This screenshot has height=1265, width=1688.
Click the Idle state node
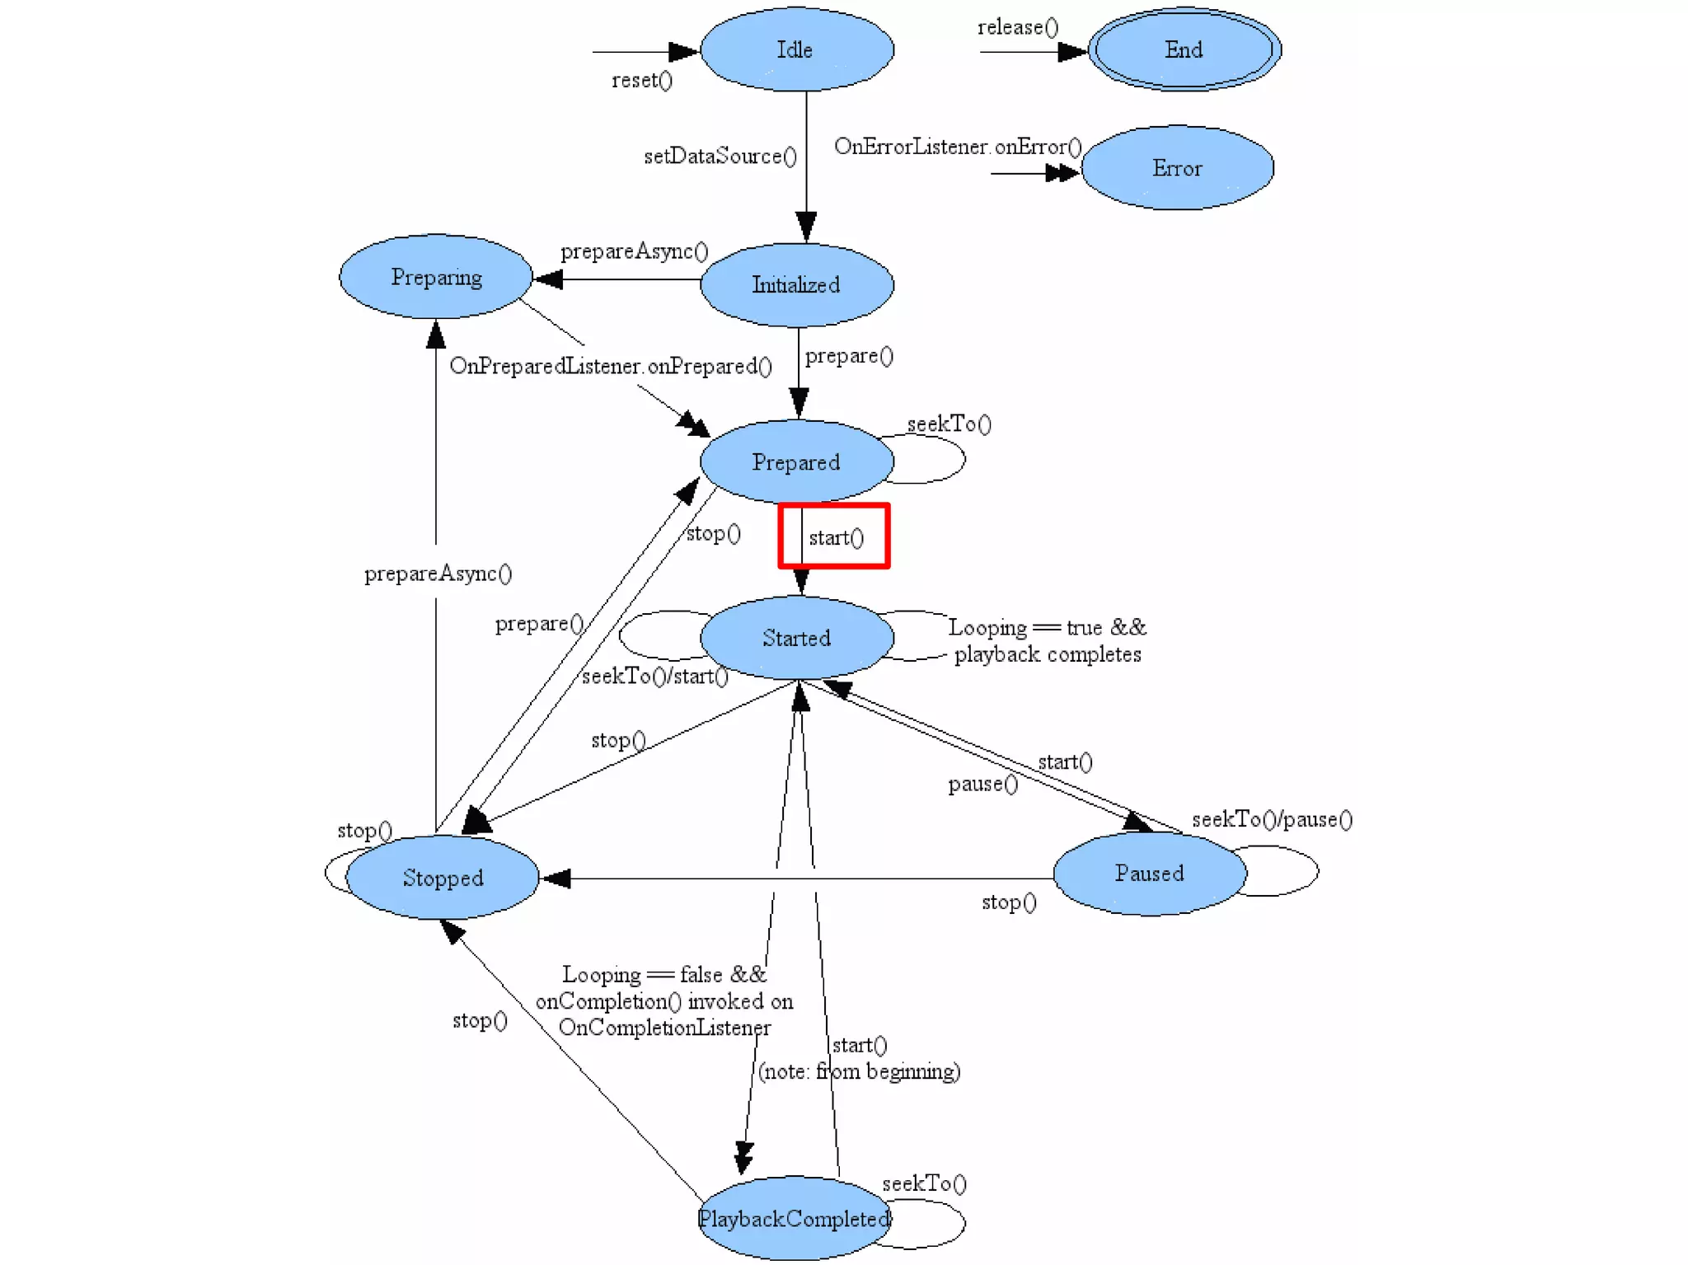click(x=796, y=49)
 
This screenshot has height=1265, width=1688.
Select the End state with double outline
click(x=1184, y=49)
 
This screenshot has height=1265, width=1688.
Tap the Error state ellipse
click(x=1177, y=168)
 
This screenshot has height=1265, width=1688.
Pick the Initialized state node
click(x=796, y=284)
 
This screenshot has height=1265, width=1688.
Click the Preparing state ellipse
click(x=436, y=277)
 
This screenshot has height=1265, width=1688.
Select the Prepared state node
click(x=796, y=461)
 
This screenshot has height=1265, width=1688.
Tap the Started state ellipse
click(x=796, y=638)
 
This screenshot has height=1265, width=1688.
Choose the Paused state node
click(x=1150, y=873)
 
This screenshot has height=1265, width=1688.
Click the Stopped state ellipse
click(x=443, y=878)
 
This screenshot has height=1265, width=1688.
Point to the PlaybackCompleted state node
click(x=794, y=1218)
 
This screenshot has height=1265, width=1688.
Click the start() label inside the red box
click(x=836, y=538)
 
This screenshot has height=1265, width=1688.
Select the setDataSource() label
click(x=720, y=156)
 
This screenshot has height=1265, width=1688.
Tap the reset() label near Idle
click(x=641, y=80)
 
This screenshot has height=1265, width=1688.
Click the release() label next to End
click(x=1017, y=27)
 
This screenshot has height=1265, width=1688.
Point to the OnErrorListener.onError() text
click(x=957, y=147)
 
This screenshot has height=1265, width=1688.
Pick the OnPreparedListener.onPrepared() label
click(x=610, y=366)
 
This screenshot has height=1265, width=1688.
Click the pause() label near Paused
click(x=982, y=784)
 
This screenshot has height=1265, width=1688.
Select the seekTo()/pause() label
click(x=1272, y=819)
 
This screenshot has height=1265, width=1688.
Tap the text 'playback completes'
click(x=1047, y=654)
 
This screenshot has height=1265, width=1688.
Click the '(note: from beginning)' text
click(x=859, y=1071)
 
